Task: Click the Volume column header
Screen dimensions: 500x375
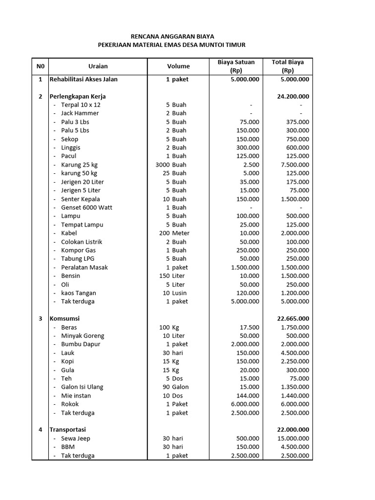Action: [x=178, y=66]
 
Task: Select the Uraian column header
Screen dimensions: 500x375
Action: [x=98, y=66]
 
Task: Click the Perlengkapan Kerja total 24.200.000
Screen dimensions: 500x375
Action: [x=293, y=96]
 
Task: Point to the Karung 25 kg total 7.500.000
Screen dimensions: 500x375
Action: [x=294, y=165]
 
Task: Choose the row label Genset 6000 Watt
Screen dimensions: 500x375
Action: [x=86, y=208]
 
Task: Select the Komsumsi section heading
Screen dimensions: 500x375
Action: [x=64, y=318]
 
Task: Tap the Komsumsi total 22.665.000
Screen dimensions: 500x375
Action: [x=293, y=318]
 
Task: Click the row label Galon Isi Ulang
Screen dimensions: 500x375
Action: [x=82, y=387]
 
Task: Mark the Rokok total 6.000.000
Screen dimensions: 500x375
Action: [x=294, y=404]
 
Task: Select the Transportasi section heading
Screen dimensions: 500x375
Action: [x=67, y=430]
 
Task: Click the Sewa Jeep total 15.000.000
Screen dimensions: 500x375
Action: [x=292, y=438]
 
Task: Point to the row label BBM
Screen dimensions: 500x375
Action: [x=67, y=447]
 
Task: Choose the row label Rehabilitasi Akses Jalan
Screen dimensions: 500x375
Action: [x=83, y=79]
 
